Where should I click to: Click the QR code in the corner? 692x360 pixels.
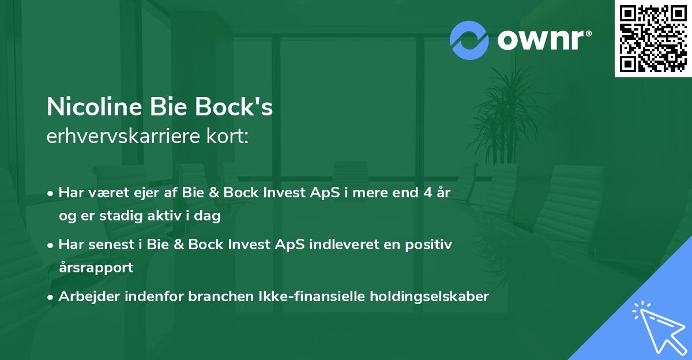653,38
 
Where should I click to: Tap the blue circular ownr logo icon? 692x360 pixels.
469,40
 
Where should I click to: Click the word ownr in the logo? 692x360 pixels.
543,40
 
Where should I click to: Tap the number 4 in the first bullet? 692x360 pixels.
426,193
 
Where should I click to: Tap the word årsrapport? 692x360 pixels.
96,268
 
